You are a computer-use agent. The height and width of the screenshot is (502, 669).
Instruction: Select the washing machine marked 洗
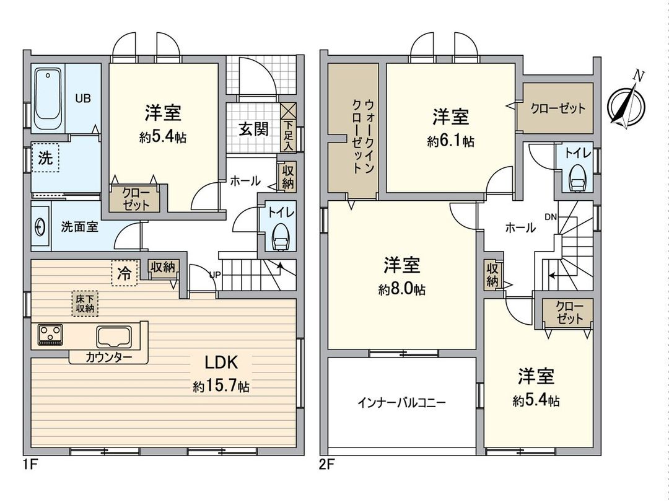(x=45, y=158)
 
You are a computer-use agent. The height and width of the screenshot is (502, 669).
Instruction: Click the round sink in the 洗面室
(x=40, y=227)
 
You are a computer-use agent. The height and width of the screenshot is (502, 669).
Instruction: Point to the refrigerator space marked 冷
(x=125, y=273)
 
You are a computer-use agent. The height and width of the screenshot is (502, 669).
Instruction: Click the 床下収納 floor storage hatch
(x=85, y=304)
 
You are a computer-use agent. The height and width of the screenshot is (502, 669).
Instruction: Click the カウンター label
(x=108, y=358)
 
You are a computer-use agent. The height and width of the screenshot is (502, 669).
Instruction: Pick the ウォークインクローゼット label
(x=362, y=136)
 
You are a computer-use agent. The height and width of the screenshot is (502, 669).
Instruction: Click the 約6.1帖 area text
(x=450, y=142)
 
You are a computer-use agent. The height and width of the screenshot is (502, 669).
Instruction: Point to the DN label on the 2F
(x=550, y=216)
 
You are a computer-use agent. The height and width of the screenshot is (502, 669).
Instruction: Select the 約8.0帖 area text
(x=401, y=289)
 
